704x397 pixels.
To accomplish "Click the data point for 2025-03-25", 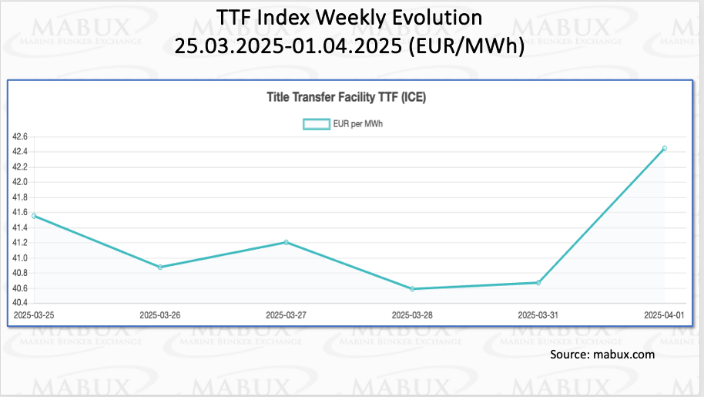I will pos(34,216).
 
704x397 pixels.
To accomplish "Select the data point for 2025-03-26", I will pos(160,267).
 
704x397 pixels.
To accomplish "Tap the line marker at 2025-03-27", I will pos(286,242).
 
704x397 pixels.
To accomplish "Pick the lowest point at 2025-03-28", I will pos(412,289).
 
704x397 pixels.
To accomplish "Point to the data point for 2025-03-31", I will pos(538,283).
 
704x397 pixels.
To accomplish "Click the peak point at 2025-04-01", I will pos(664,148).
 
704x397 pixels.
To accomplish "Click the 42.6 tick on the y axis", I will pos(20,136).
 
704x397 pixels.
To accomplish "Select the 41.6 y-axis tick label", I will pos(20,213).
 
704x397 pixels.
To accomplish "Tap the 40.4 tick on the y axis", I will pos(20,304).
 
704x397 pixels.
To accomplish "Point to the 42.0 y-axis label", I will pos(20,182).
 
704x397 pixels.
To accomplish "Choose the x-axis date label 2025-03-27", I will pos(286,315).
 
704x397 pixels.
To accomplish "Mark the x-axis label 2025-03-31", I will pos(538,315).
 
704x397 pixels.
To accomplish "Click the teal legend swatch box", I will pos(316,123).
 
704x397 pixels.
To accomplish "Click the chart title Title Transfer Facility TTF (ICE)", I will pos(347,98).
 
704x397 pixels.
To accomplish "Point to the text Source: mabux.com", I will pos(602,355).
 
